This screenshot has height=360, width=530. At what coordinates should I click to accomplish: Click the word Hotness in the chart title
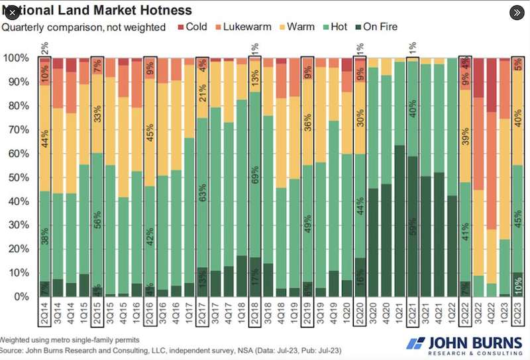click(160, 11)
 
